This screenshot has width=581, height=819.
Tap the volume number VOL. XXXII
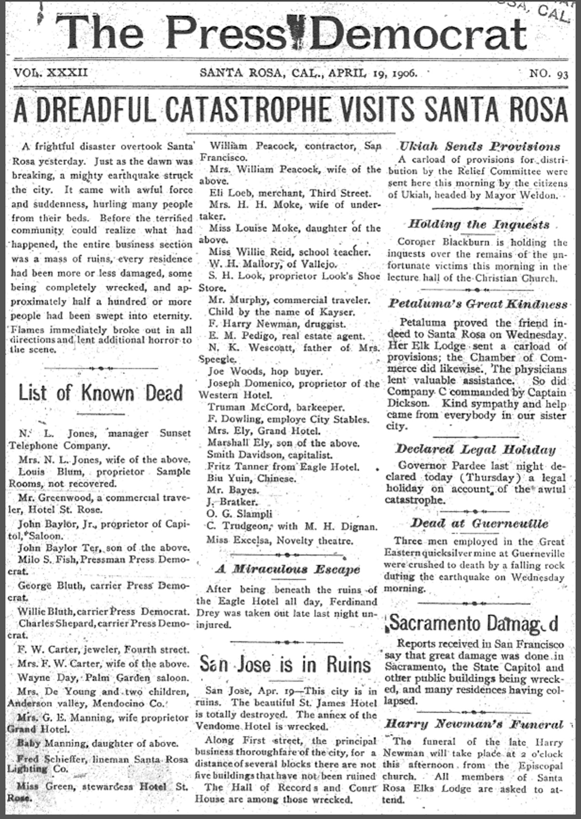[x=51, y=73]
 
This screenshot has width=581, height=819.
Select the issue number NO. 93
[x=549, y=74]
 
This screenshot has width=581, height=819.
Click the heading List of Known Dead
[x=100, y=393]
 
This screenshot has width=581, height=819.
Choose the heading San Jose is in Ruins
[x=285, y=664]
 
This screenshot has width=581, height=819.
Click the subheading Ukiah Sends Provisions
[x=480, y=146]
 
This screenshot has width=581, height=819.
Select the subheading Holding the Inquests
[x=478, y=225]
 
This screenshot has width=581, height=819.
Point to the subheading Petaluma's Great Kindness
[x=477, y=304]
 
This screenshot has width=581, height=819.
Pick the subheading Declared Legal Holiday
[x=476, y=450]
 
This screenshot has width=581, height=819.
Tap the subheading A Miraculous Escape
[x=288, y=569]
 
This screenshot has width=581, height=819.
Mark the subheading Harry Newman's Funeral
[x=474, y=724]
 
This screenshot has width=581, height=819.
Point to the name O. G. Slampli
[x=239, y=514]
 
